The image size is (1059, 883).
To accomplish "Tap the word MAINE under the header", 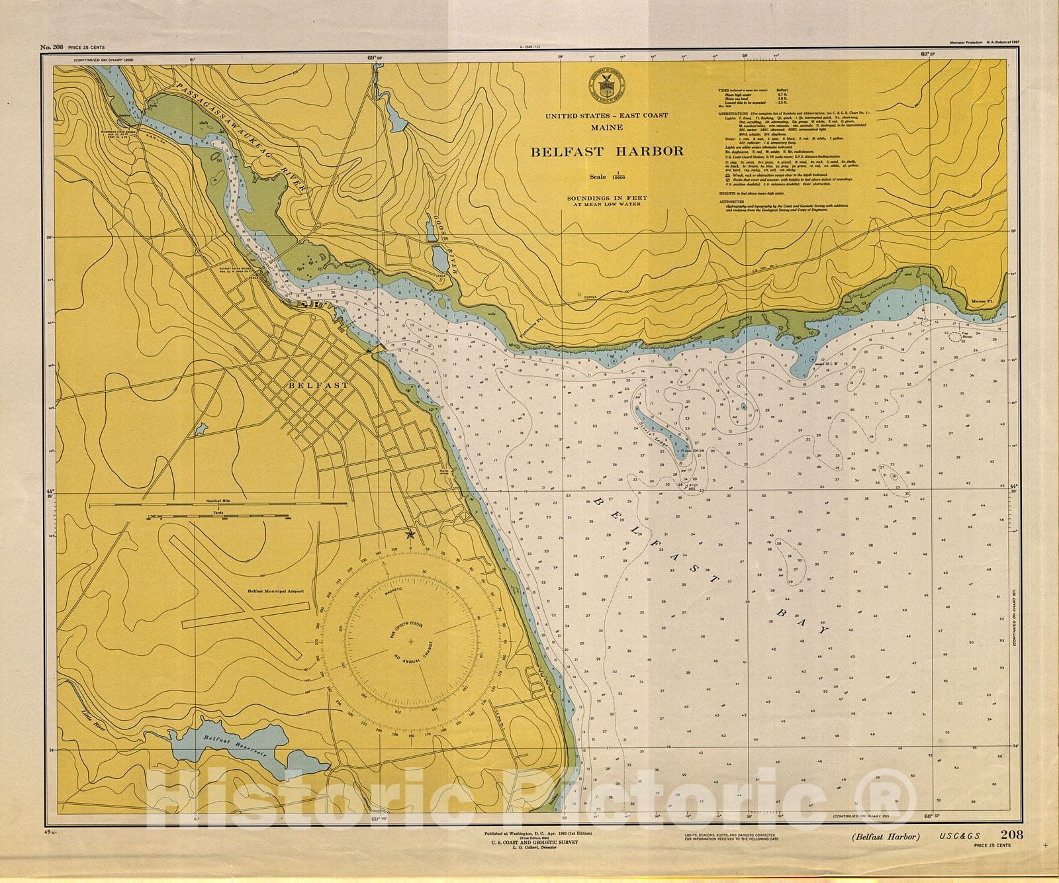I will click(606, 127).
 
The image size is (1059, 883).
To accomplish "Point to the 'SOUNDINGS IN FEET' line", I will click(606, 198).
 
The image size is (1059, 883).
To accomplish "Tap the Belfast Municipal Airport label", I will click(275, 591).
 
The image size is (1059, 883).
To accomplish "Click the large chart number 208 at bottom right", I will click(1012, 835).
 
